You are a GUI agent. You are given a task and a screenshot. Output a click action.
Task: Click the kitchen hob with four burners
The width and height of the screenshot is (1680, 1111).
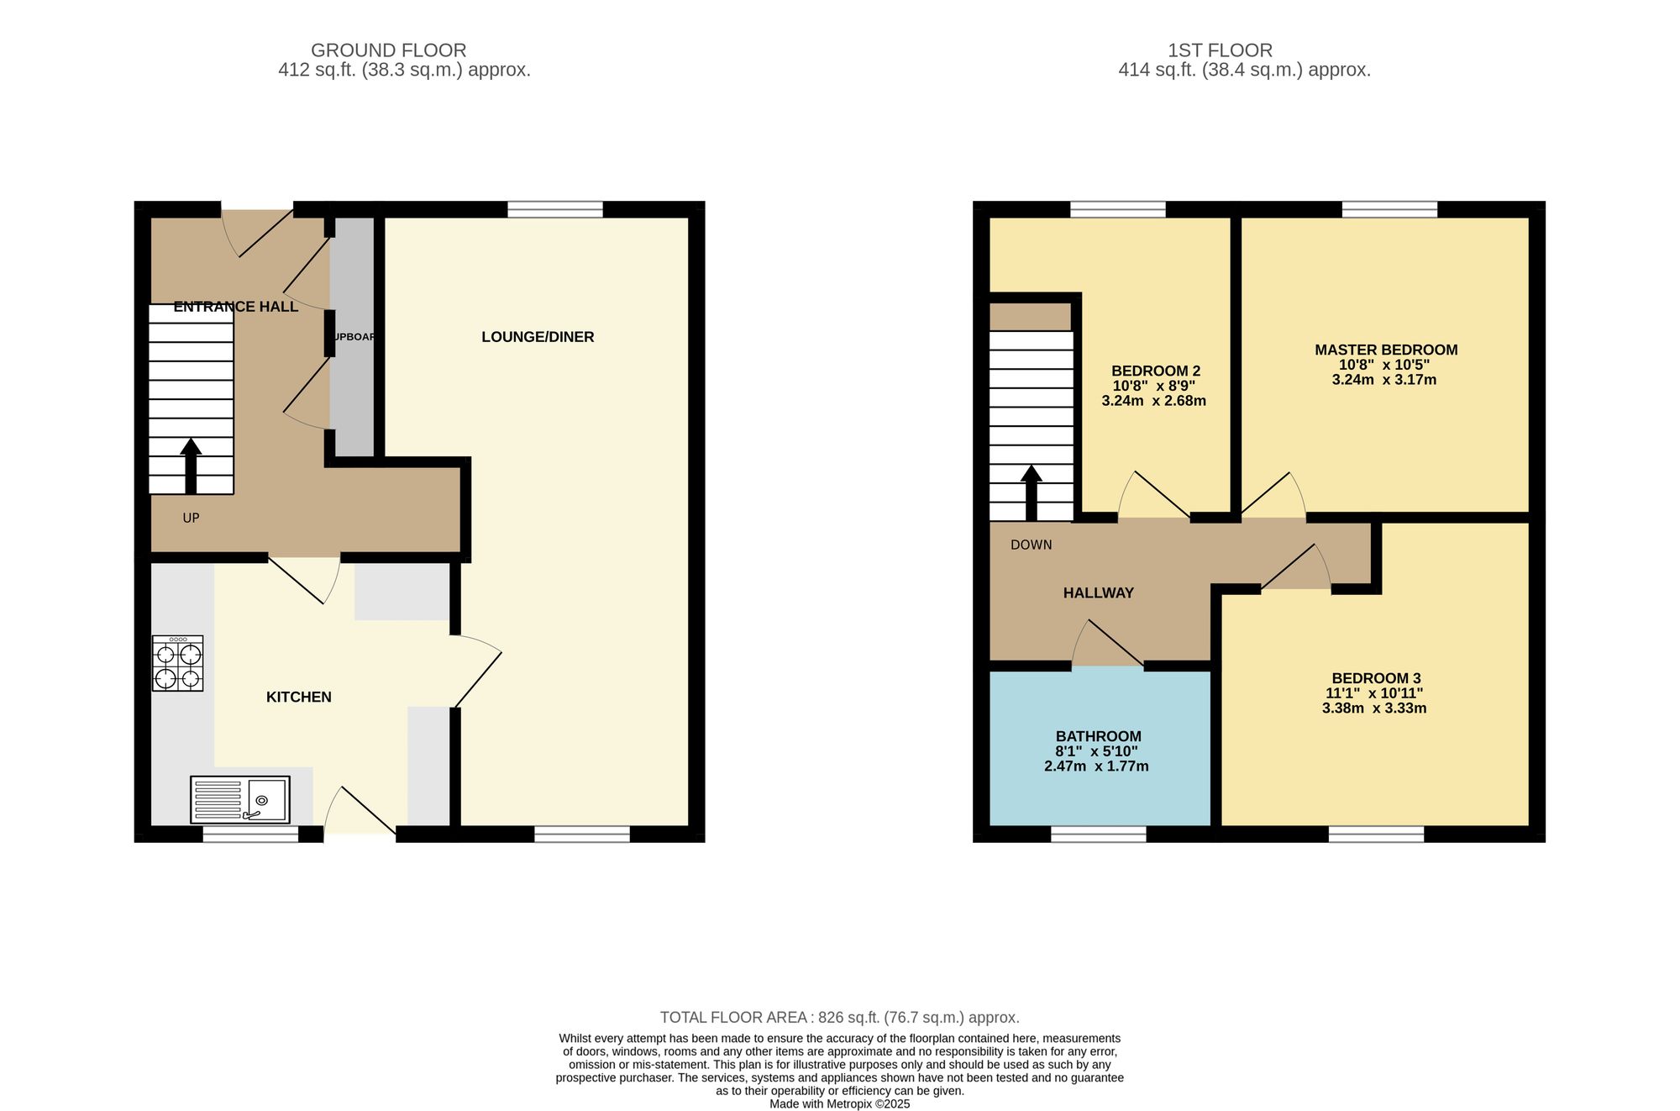click(177, 663)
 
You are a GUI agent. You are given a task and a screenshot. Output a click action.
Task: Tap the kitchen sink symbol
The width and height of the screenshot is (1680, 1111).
click(240, 799)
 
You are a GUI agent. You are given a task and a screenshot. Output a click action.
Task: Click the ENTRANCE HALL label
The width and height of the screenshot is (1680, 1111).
click(235, 307)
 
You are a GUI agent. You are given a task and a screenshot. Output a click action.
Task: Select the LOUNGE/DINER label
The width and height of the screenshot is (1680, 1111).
click(538, 337)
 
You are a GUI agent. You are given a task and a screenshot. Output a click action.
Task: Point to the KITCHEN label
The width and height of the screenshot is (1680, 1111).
click(298, 697)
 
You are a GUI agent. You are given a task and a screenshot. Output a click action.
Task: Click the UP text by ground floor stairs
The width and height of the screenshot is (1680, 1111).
click(191, 519)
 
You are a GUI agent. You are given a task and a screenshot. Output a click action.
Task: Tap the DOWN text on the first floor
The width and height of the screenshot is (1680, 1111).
click(1031, 545)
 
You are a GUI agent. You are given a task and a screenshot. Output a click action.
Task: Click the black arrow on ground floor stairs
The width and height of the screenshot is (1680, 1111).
click(191, 466)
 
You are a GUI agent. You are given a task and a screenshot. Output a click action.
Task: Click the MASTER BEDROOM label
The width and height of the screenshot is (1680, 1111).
click(1385, 350)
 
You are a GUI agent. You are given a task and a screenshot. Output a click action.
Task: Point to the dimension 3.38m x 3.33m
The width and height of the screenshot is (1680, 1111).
click(1373, 708)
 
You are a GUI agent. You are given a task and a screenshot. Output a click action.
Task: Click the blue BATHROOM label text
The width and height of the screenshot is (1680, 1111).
click(1098, 736)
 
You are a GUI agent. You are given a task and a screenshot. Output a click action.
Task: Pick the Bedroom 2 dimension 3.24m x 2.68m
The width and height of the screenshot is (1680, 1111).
click(1153, 401)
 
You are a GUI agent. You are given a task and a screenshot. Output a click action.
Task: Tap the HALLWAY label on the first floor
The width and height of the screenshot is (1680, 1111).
click(1098, 592)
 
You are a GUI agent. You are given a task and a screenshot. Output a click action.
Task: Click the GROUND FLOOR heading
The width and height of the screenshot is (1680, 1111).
click(388, 50)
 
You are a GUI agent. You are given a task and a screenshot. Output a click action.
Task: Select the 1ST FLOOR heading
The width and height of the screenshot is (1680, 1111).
click(1220, 50)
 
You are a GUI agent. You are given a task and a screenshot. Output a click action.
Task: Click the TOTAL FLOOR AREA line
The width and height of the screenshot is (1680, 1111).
click(839, 1018)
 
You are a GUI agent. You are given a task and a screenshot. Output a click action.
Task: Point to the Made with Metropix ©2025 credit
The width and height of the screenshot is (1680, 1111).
click(839, 1104)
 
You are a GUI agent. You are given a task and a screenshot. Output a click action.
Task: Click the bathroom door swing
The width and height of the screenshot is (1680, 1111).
click(1107, 645)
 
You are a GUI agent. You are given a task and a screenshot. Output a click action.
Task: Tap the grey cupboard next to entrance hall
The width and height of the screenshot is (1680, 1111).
click(352, 336)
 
